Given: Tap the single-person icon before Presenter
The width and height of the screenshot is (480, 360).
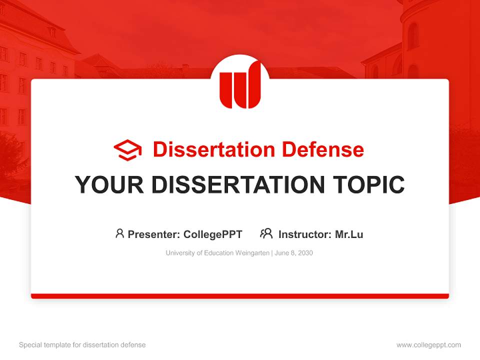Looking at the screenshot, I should coord(119,233).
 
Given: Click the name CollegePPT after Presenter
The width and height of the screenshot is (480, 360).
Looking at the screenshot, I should coord(212,234).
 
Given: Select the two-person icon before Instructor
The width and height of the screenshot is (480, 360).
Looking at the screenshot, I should coord(266,233).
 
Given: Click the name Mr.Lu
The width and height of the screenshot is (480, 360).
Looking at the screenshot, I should coord(349,234).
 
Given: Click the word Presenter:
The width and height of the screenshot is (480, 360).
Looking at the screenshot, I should coord(154,234).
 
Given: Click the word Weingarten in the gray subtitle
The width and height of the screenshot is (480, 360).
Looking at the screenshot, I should coord(252,253).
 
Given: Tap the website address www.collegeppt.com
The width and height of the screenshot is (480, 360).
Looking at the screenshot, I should coord(428,345).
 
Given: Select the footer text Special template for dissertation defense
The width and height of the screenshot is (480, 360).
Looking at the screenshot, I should coord(82,345).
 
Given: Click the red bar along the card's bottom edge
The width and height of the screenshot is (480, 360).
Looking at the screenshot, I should coord(240,296).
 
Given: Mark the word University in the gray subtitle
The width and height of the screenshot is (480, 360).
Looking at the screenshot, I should coord(179,253).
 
